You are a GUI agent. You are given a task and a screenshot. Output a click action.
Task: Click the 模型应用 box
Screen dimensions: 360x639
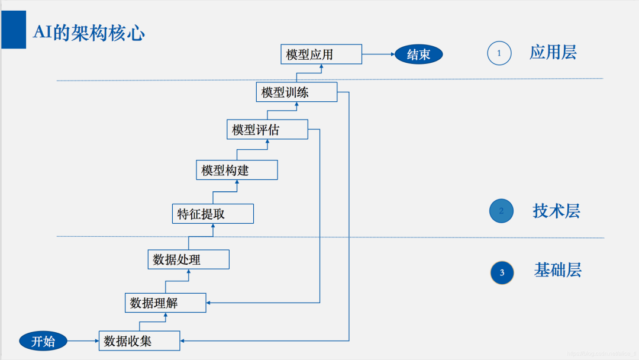321,54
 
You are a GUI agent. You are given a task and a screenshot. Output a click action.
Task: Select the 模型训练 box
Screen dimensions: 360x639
296,92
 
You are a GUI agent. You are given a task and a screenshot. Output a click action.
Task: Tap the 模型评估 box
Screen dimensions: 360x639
267,129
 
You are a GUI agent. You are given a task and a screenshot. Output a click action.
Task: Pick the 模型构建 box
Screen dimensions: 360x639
237,170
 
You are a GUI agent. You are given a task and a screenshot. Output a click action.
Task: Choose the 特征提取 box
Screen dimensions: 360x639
212,214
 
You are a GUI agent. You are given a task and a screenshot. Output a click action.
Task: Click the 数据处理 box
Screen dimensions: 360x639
188,259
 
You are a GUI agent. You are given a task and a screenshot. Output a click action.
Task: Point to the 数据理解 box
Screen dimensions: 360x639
165,303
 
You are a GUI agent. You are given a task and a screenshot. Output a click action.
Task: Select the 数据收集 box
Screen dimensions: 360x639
139,340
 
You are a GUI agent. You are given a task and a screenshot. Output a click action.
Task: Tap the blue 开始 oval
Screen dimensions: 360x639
43,341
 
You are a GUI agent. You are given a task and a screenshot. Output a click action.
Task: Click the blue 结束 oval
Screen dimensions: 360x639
418,55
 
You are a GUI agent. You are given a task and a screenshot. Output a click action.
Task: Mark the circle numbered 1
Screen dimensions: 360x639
499,53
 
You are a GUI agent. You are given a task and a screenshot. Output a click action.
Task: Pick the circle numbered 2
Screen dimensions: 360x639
501,211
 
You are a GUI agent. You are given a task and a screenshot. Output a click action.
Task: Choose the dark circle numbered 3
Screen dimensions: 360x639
502,272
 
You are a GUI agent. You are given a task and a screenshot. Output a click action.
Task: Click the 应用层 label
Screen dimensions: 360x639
553,53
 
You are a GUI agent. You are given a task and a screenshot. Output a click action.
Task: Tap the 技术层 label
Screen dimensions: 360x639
556,211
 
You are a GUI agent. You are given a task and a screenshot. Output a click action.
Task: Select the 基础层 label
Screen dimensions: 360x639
557,270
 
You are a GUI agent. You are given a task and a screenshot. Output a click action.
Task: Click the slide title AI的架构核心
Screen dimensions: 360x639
89,33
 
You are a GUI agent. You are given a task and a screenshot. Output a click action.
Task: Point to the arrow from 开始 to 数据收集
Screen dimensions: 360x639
83,341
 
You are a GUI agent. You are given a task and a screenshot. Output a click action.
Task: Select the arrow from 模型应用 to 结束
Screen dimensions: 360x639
378,55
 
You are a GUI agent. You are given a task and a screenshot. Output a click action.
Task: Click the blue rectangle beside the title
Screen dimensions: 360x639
14,30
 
